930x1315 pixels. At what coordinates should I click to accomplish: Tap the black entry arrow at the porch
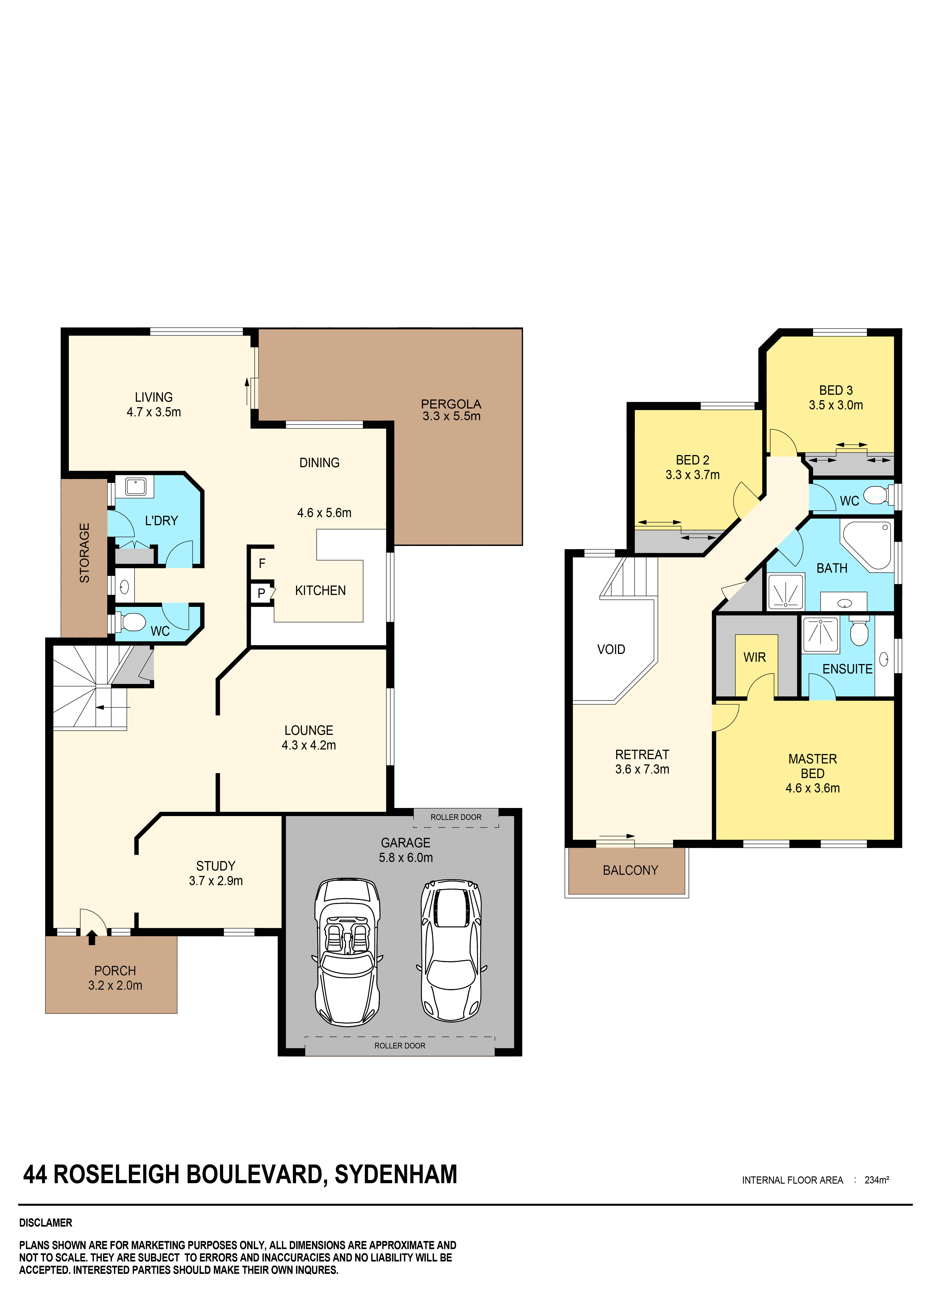coord(92,938)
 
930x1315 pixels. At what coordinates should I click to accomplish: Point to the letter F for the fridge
coord(262,563)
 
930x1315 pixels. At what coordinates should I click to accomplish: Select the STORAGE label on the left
coord(84,553)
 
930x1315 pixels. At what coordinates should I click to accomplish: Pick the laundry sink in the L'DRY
coord(135,487)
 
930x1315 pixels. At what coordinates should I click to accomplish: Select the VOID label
coord(611,649)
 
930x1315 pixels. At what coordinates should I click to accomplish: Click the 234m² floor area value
coord(876,1180)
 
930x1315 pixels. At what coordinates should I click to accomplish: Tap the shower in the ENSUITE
coord(820,635)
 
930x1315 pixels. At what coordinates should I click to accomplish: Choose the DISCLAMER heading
coord(46,1223)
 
